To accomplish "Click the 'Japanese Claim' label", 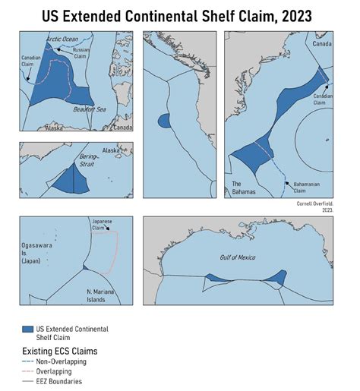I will (102, 224).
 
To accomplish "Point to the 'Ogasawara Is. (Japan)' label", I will (40, 252).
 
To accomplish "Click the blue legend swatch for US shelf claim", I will (28, 329).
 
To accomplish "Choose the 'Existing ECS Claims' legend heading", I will (61, 352).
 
